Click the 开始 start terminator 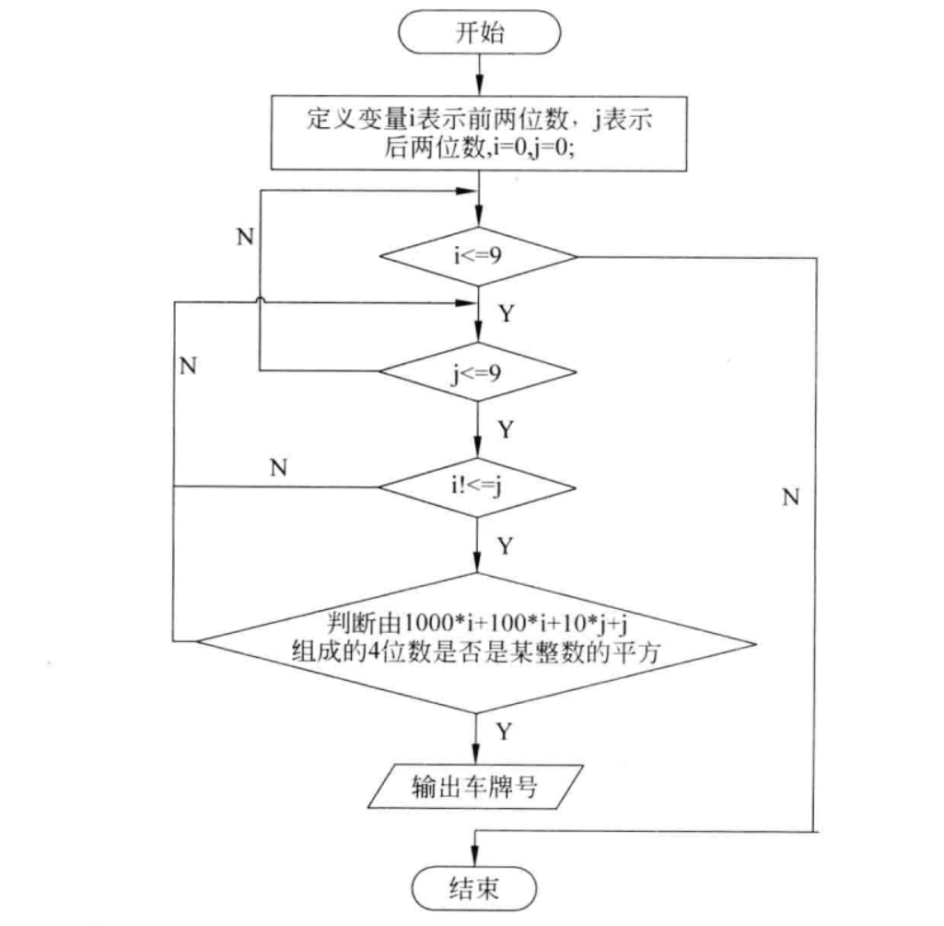point(479,35)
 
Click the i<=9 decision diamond point(479,256)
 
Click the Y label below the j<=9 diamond point(506,430)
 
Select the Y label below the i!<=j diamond point(506,545)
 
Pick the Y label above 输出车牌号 point(506,733)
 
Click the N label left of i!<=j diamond point(278,467)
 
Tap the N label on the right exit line point(789,498)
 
